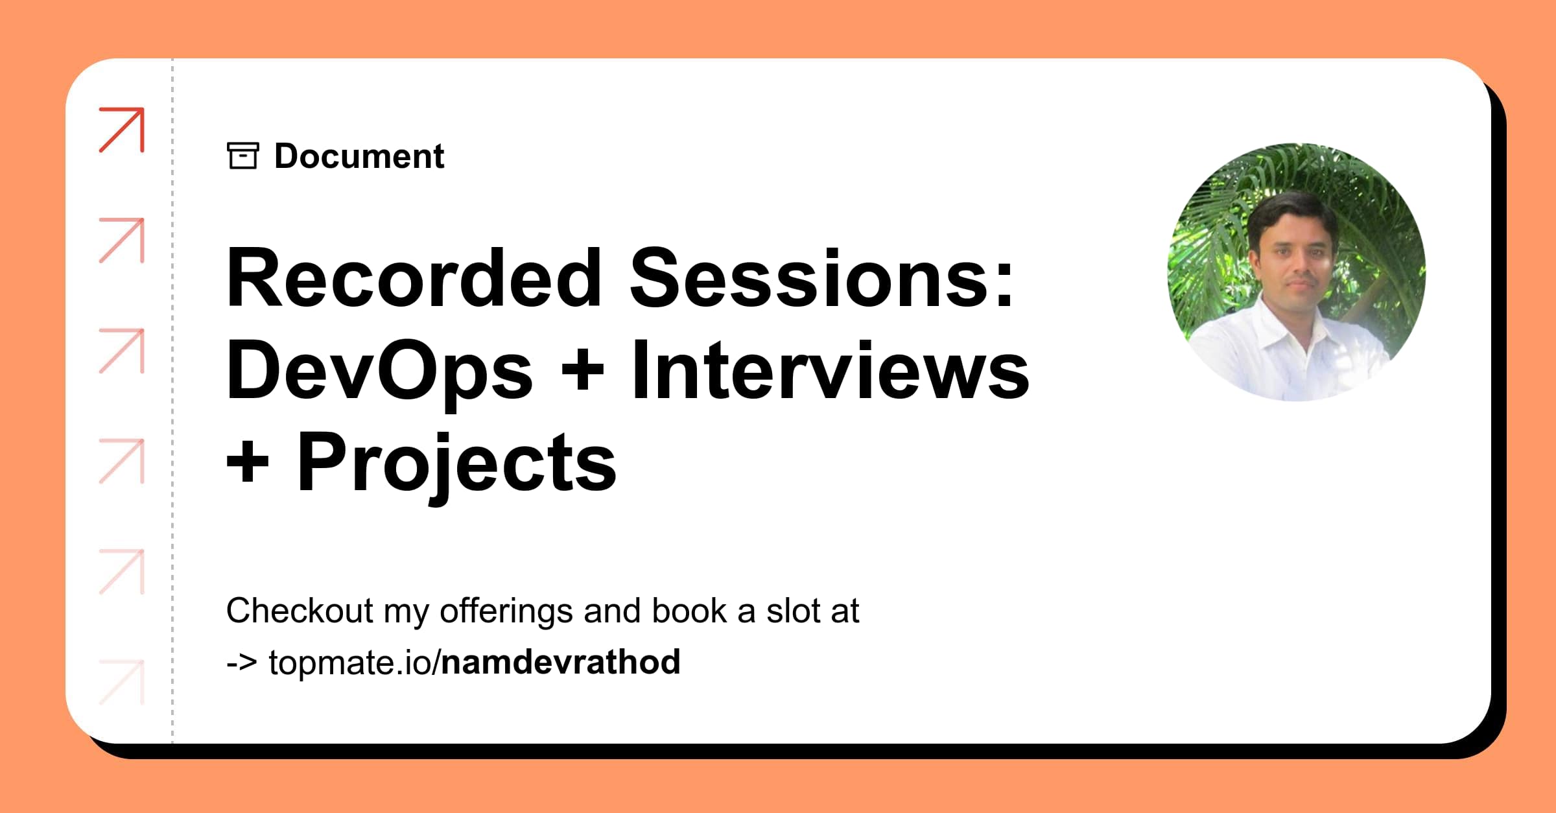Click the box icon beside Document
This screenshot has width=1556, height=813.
pos(243,156)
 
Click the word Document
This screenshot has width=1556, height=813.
pos(359,156)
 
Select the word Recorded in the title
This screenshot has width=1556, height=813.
pos(414,278)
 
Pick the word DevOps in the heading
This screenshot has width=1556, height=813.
pos(380,371)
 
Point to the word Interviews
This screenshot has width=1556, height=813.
pos(831,370)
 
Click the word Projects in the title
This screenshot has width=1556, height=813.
pos(456,464)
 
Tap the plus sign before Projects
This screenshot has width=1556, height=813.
pos(248,464)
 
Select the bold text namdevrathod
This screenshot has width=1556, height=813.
pos(561,662)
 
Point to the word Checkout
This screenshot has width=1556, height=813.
pos(300,611)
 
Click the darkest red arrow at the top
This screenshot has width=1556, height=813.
pos(122,130)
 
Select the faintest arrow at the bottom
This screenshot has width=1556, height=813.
pos(122,682)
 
